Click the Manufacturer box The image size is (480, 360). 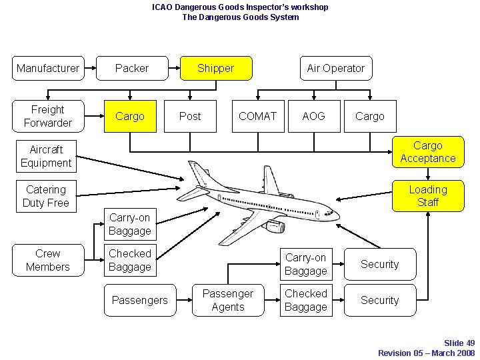tap(48, 68)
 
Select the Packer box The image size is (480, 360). tap(132, 68)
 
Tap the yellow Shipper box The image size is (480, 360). tap(216, 68)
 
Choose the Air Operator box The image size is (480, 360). tap(335, 68)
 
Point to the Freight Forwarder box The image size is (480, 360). tap(48, 116)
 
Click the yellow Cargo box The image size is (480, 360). tap(130, 116)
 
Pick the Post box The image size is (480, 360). tap(190, 116)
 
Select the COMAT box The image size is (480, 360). tap(257, 116)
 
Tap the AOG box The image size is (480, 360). tap(313, 116)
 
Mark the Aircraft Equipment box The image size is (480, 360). tap(46, 156)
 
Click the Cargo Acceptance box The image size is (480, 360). tap(427, 152)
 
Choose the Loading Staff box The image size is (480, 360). tap(427, 196)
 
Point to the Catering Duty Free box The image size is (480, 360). tap(46, 196)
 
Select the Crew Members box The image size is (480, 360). tap(48, 260)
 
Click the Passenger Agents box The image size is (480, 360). tap(228, 300)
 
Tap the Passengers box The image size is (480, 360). tap(140, 300)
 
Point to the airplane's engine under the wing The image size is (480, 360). tap(275, 227)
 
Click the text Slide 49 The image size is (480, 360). tap(459, 343)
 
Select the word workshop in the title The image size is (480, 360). tap(307, 7)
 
